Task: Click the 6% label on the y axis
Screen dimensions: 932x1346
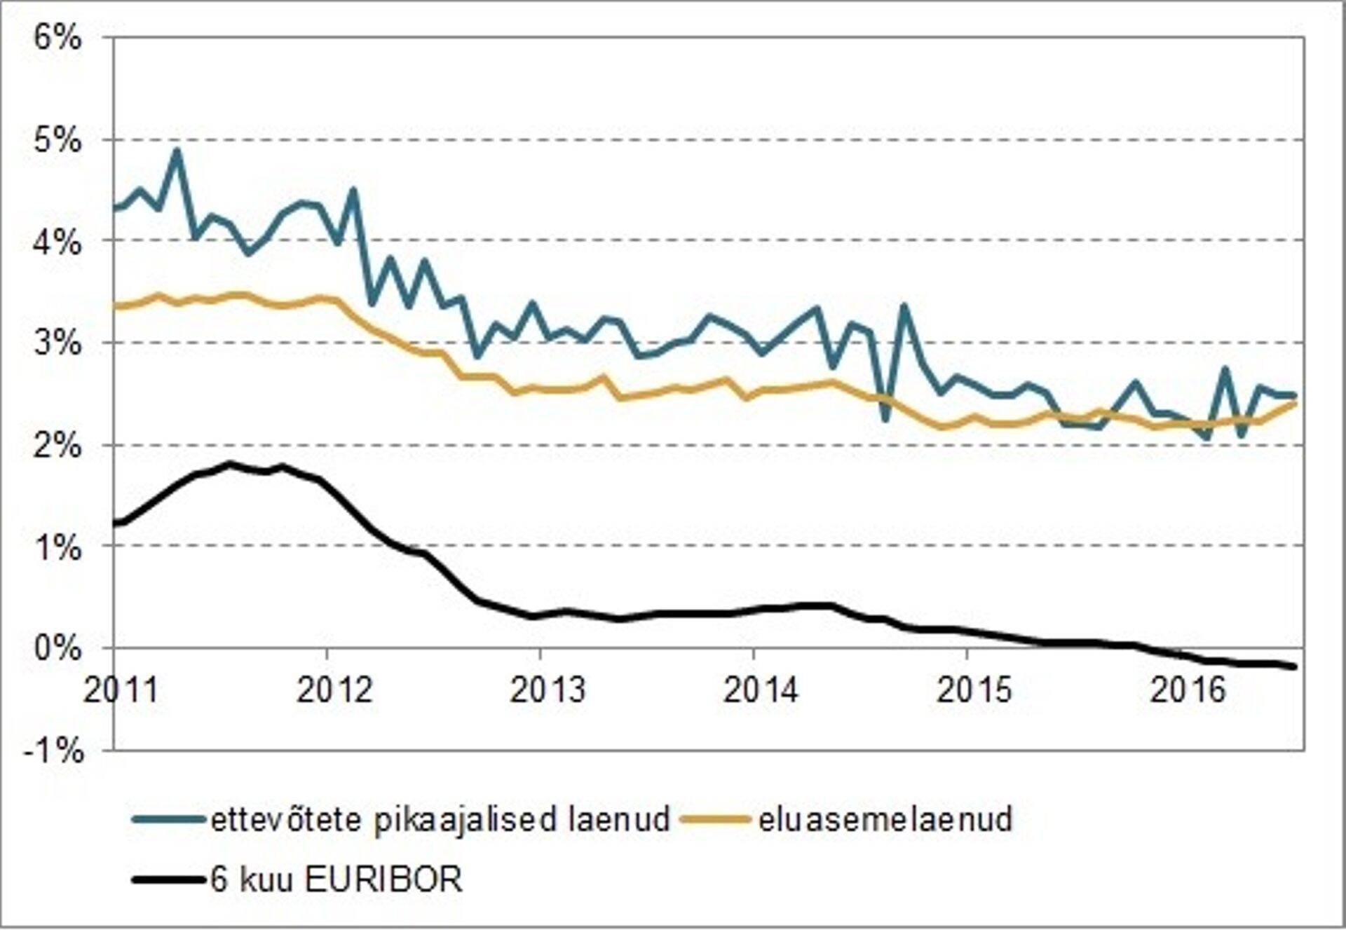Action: (57, 39)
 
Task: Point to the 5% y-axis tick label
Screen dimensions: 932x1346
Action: (57, 141)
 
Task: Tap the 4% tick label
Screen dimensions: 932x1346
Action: (57, 242)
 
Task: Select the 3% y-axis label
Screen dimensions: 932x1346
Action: (57, 344)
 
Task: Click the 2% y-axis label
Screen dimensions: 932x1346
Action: (57, 446)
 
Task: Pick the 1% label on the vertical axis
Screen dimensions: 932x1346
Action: (57, 547)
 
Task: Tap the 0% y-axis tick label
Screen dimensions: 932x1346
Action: (57, 649)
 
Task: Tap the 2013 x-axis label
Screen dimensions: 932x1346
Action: (548, 690)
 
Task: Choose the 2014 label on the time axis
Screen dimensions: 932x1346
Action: (761, 690)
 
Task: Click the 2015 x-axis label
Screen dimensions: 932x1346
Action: (974, 690)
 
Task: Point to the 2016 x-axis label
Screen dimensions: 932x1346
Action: (1188, 690)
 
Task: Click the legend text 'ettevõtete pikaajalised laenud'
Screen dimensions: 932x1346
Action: (440, 819)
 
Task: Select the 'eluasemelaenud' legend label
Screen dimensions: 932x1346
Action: (885, 819)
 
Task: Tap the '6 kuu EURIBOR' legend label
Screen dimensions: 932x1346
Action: (336, 879)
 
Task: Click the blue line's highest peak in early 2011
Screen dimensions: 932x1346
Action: (177, 151)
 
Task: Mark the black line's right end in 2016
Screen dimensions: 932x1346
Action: (1293, 666)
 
